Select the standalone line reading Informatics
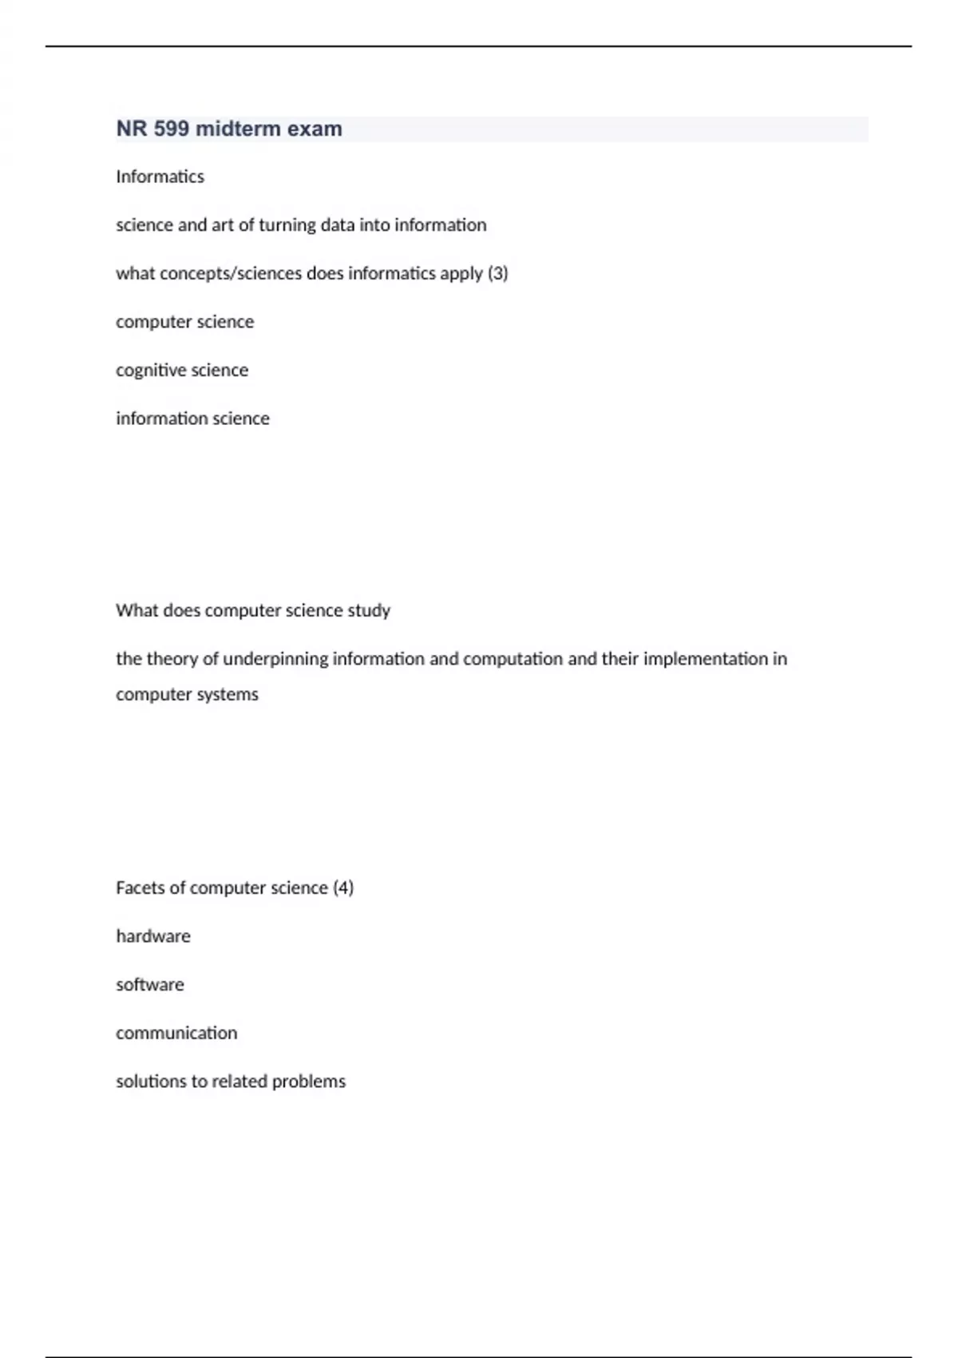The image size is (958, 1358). [x=160, y=177]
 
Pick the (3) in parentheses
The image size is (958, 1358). [x=497, y=273]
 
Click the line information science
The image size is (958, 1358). [x=192, y=419]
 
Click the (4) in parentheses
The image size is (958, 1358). [x=342, y=887]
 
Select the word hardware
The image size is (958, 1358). [x=153, y=936]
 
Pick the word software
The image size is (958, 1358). [x=150, y=985]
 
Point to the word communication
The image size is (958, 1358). [x=176, y=1033]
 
